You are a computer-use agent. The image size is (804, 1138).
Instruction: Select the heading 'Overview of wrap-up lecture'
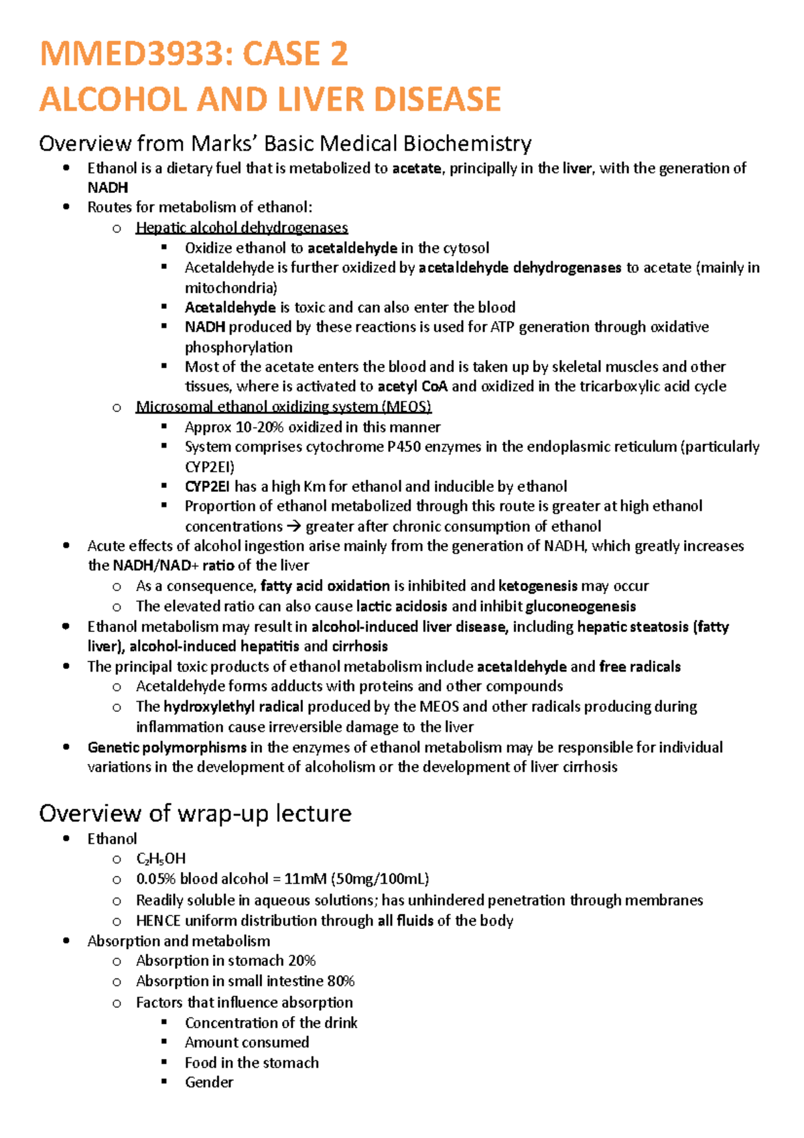(x=195, y=813)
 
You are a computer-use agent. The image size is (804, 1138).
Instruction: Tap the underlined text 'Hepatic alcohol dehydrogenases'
(x=241, y=228)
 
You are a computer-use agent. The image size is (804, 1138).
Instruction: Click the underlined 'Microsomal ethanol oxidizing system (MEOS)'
(x=283, y=407)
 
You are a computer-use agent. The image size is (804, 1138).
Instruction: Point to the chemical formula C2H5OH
(x=161, y=859)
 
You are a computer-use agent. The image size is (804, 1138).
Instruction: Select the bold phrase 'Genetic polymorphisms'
(x=167, y=747)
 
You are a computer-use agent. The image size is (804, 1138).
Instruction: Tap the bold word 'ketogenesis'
(x=537, y=586)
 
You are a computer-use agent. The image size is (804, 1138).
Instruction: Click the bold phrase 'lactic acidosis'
(x=401, y=607)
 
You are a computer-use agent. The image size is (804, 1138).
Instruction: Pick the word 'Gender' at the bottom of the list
(x=209, y=1082)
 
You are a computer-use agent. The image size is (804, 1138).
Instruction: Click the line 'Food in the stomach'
(x=251, y=1063)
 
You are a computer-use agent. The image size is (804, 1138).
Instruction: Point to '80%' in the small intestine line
(x=340, y=981)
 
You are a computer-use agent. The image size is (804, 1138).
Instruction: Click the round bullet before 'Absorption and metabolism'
(x=66, y=941)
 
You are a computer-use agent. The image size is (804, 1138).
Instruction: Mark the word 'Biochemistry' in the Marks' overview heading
(x=468, y=143)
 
